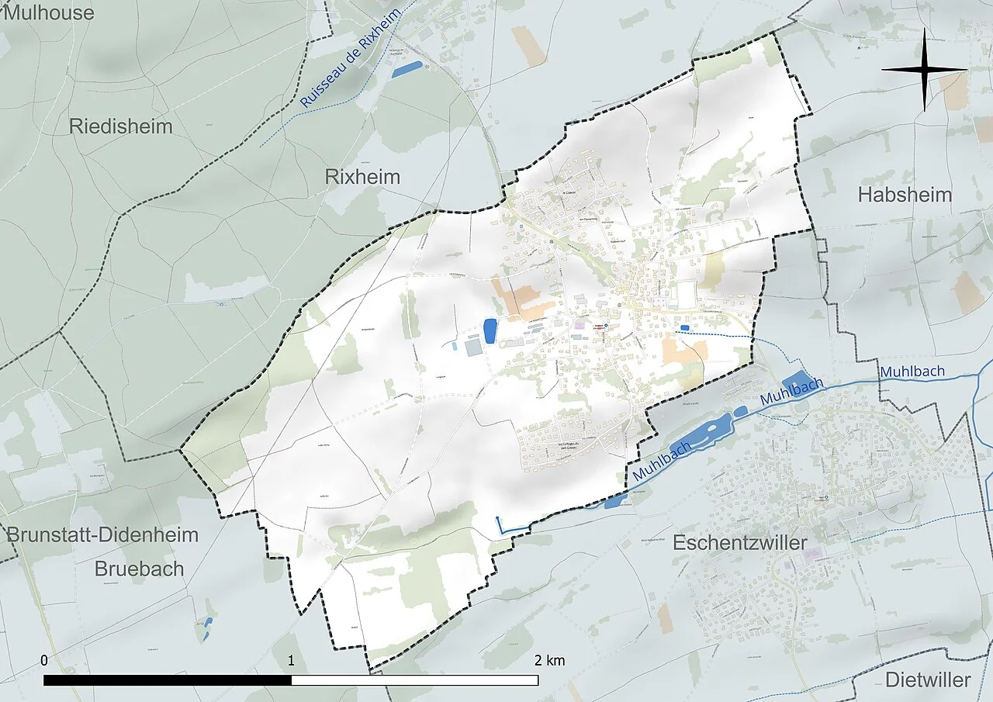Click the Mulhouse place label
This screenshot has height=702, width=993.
pos(47,12)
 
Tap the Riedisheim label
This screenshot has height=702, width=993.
pos(121,126)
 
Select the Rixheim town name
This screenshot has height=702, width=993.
pos(362,177)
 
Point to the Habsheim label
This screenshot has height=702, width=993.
pos(905,195)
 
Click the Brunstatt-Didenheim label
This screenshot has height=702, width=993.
pos(102,534)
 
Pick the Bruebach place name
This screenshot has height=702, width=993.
pos(140,569)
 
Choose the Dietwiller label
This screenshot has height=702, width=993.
pos(928,680)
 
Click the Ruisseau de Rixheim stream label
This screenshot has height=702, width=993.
pos(351,59)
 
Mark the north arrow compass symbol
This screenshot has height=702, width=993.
pos(925,70)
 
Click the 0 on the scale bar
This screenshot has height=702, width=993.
pos(44,661)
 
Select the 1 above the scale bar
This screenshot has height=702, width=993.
pos(291,661)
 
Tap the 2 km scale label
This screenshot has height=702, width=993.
pos(549,661)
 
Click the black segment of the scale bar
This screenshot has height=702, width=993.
pos(168,680)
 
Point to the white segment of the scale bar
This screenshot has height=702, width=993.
pos(415,680)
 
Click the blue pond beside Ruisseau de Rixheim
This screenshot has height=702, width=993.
pos(407,69)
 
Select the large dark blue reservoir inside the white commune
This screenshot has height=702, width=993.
pos(490,330)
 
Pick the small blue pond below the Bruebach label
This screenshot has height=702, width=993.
pos(206,628)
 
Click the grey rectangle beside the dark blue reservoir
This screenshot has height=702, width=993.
pos(473,347)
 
